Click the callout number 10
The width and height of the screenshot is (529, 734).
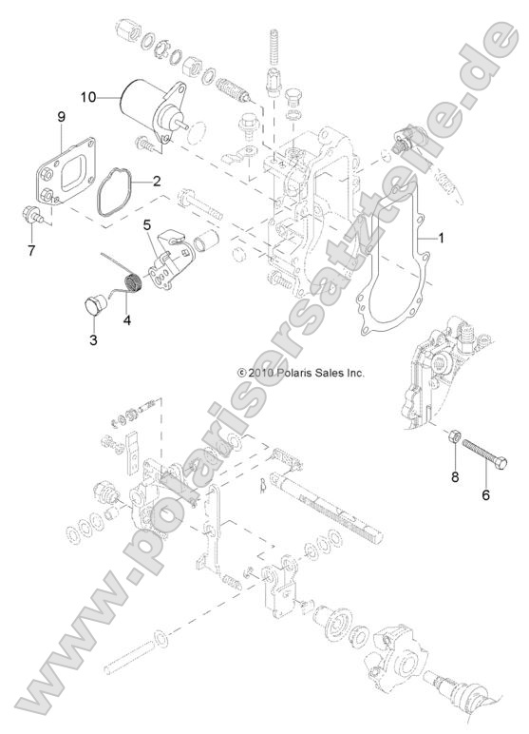tap(88, 96)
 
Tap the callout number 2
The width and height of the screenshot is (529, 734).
tap(156, 179)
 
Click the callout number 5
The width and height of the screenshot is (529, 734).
tap(147, 224)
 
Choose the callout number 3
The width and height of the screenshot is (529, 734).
tap(93, 339)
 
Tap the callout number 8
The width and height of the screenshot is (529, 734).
tap(454, 477)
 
